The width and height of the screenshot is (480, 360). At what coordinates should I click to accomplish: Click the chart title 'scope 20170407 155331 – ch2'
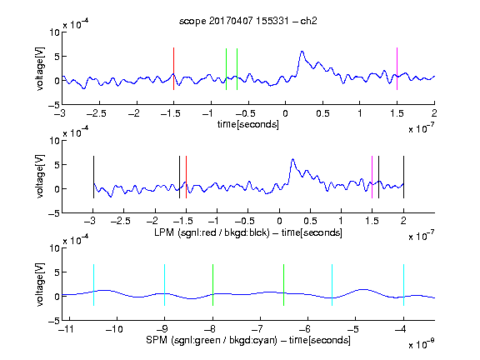tap(248, 21)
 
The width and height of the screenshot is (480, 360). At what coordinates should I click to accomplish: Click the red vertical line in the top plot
tap(173, 68)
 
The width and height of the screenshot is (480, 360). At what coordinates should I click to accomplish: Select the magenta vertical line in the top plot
tap(397, 68)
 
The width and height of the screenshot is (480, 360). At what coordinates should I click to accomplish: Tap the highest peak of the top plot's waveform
tap(302, 52)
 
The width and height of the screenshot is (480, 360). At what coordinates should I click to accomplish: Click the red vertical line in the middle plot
tap(186, 177)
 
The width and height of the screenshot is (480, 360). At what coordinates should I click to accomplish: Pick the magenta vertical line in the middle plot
tap(372, 177)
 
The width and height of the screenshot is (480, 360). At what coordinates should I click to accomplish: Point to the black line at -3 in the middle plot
tap(93, 177)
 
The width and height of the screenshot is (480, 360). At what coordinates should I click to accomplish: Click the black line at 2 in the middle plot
tap(403, 177)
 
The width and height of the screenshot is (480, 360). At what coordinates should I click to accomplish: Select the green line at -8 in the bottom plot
tap(212, 285)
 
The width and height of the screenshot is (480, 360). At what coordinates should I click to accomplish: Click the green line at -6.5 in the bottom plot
tap(284, 285)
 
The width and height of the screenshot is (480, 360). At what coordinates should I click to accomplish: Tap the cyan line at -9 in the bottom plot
tap(164, 285)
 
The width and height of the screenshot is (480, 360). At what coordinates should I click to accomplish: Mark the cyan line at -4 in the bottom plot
tap(403, 285)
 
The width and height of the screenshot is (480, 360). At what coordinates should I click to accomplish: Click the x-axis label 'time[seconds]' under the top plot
tap(248, 125)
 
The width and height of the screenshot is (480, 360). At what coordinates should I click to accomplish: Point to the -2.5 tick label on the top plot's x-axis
tap(97, 113)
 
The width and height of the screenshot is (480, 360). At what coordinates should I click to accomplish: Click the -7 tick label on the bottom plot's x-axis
tap(257, 329)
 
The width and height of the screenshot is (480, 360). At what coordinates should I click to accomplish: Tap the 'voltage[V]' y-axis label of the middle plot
tap(40, 177)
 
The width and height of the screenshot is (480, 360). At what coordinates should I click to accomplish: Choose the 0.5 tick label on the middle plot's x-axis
tap(310, 221)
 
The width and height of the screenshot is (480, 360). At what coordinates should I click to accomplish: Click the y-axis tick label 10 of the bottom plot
tap(54, 248)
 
